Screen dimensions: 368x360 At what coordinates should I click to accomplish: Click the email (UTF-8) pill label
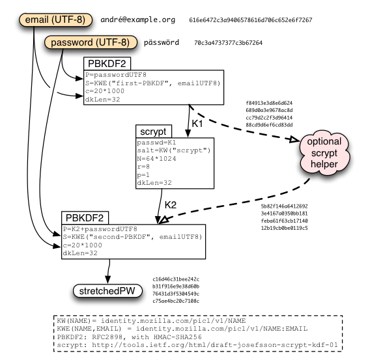click(x=55, y=20)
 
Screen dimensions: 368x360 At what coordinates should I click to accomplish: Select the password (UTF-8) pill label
click(x=91, y=42)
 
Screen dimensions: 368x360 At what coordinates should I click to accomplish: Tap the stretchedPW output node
click(x=107, y=291)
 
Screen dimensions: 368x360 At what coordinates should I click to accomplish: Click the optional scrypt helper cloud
click(x=324, y=153)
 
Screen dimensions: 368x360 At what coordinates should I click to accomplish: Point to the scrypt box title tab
click(x=154, y=132)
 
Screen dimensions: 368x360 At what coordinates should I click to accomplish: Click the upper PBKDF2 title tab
click(x=107, y=63)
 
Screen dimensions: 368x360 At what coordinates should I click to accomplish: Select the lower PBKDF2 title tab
click(x=85, y=217)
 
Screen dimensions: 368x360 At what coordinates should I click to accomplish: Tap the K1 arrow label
click(x=197, y=124)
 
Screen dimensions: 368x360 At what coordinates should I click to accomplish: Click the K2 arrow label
click(x=171, y=205)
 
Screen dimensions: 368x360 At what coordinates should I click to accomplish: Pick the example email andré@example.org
click(x=138, y=20)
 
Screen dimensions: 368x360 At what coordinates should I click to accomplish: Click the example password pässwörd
click(x=162, y=42)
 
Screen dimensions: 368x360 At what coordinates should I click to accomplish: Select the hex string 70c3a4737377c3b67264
click(x=228, y=43)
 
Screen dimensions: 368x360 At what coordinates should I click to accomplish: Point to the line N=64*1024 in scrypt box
click(x=156, y=159)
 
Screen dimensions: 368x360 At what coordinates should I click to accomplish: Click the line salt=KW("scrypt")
click(x=174, y=150)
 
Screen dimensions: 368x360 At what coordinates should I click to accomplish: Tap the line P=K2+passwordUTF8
click(x=100, y=229)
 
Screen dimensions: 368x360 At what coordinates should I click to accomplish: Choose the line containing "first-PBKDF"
click(x=153, y=83)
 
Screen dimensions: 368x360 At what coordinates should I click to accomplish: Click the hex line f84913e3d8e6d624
click(x=269, y=103)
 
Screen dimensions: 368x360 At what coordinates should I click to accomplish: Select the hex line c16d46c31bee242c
click(x=176, y=279)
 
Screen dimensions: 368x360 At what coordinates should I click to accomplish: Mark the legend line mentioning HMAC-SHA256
click(x=130, y=337)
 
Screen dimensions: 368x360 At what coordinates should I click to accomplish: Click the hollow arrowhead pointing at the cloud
click(x=294, y=139)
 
